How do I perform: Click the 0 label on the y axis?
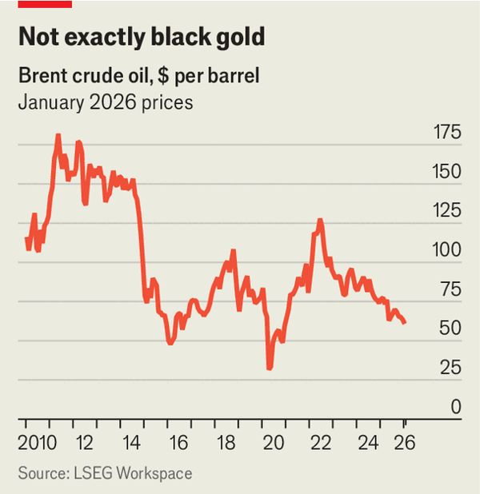coord(454,407)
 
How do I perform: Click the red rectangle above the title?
coord(45,4)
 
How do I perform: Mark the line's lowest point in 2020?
coord(270,368)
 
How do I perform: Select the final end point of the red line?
coord(406,322)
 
